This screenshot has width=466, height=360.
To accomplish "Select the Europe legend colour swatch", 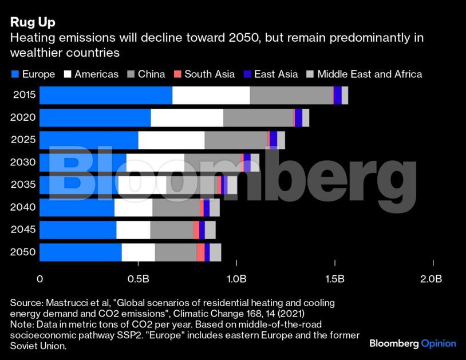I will click(x=15, y=74).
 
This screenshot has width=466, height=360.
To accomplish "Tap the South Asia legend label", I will click(x=210, y=74).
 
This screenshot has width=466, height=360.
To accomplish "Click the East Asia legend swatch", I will click(x=247, y=74).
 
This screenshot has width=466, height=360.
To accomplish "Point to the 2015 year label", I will click(x=24, y=95).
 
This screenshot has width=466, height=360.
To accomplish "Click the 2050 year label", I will click(x=24, y=252).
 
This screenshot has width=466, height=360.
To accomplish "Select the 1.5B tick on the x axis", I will click(x=334, y=279).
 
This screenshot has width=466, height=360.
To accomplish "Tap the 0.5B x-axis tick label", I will click(x=139, y=279).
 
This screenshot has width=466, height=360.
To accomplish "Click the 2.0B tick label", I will click(x=431, y=279).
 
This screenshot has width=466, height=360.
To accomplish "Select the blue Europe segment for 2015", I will click(x=106, y=95).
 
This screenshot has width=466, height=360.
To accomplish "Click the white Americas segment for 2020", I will click(x=187, y=117).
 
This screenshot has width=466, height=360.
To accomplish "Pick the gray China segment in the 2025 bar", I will click(x=235, y=140).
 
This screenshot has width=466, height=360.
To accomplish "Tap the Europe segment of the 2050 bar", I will click(x=80, y=252).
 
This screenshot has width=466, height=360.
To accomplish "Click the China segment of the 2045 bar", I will click(x=171, y=230).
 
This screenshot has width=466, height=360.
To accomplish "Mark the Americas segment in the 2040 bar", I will click(x=133, y=207).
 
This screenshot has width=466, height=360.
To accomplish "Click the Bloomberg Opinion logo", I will click(x=412, y=343).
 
